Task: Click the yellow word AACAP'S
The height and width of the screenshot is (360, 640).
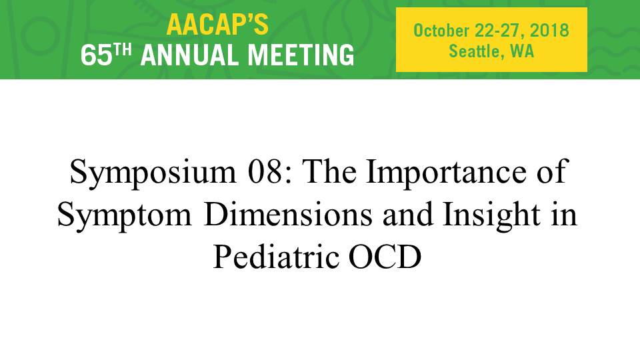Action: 217,25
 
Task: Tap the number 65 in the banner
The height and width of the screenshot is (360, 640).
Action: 96,55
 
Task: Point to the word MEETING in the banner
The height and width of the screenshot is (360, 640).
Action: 301,55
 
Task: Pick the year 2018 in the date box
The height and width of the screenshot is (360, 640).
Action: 549,31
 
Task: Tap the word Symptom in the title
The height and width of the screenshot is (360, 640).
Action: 125,216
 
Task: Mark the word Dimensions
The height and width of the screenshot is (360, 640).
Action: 288,215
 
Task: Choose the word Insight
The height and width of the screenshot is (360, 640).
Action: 492,216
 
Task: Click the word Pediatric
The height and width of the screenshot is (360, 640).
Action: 276,257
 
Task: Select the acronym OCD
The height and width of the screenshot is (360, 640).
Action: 385,257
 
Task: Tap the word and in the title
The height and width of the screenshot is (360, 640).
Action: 408,215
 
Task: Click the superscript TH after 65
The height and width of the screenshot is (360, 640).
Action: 123,50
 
